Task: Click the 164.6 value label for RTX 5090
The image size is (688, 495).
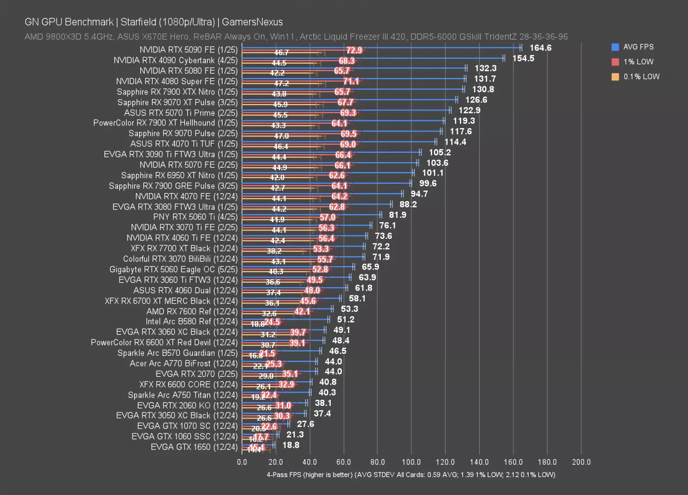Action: coord(540,48)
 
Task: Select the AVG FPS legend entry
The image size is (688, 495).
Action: coord(637,47)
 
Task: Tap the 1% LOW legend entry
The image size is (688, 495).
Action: coord(637,62)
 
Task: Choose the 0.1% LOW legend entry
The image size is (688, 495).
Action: coord(641,77)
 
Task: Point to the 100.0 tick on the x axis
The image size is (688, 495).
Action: coord(412,462)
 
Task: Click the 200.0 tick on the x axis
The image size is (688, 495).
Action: coord(581,462)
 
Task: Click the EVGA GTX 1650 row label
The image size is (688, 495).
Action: coord(194,447)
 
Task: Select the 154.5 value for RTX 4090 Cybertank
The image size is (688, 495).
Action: coord(523,58)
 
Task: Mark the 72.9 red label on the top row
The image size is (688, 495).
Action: coord(354,51)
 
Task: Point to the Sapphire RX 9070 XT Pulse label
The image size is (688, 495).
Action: coord(177,102)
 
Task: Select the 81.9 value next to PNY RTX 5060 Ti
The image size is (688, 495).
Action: coord(397,215)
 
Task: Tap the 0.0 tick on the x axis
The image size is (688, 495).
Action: coord(242,462)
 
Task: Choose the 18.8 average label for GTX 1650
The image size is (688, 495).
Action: coord(291,445)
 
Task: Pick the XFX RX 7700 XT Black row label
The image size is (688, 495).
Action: coord(184,249)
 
